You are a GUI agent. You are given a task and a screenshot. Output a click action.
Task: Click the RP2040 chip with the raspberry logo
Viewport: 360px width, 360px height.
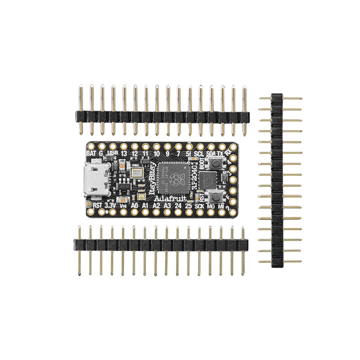click(176, 175)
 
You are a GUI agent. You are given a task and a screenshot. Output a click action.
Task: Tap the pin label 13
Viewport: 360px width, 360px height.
click(124, 153)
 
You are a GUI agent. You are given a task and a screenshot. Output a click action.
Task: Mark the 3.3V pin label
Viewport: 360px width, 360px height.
click(110, 206)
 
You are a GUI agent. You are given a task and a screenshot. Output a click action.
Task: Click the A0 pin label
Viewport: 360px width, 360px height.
click(134, 206)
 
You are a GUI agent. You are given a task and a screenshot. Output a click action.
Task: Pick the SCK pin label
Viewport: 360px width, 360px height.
click(200, 206)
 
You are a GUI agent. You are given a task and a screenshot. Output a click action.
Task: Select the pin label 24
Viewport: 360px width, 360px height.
click(178, 206)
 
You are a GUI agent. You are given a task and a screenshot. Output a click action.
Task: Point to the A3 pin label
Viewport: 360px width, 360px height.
click(167, 206)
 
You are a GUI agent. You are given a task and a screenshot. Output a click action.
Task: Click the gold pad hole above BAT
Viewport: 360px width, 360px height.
click(90, 147)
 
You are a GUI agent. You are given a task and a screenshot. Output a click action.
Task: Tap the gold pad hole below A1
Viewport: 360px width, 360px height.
click(145, 212)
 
